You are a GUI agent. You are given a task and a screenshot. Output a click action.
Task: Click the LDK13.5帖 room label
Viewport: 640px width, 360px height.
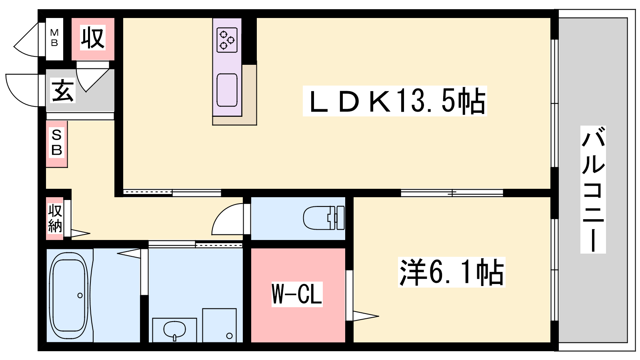tap(395, 101)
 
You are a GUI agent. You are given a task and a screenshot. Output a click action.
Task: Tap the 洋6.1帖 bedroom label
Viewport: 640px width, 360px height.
tap(452, 272)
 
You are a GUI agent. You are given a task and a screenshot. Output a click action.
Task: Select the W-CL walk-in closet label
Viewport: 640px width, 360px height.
tap(297, 294)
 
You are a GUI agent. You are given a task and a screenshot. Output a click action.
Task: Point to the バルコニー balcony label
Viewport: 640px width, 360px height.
tap(593, 190)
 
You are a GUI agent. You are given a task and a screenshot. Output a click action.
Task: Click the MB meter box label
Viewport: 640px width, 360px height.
tap(54, 38)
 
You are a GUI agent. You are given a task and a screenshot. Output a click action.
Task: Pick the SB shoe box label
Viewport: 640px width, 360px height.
tap(56, 142)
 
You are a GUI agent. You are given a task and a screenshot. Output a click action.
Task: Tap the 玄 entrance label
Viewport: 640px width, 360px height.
tap(62, 90)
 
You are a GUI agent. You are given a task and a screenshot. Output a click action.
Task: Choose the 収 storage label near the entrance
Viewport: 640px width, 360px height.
tap(92, 38)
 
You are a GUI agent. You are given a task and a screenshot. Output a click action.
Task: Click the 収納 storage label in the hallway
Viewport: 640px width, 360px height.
tap(55, 218)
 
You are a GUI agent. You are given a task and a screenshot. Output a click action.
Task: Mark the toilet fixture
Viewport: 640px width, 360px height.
tap(324, 218)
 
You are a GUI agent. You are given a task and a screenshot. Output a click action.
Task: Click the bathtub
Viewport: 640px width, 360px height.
tap(68, 296)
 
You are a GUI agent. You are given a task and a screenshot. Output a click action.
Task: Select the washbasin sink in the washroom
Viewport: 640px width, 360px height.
tap(174, 330)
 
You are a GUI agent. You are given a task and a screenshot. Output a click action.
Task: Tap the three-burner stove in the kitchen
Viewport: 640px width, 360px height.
tap(227, 40)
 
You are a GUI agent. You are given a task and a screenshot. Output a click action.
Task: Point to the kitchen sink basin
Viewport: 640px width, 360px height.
tap(227, 90)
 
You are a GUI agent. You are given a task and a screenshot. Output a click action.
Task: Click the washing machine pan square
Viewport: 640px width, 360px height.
tap(220, 325)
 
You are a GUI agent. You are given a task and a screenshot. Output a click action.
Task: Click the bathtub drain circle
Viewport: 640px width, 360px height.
tap(80, 296)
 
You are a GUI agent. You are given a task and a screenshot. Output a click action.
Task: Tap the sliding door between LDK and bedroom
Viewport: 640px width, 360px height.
tap(452, 193)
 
